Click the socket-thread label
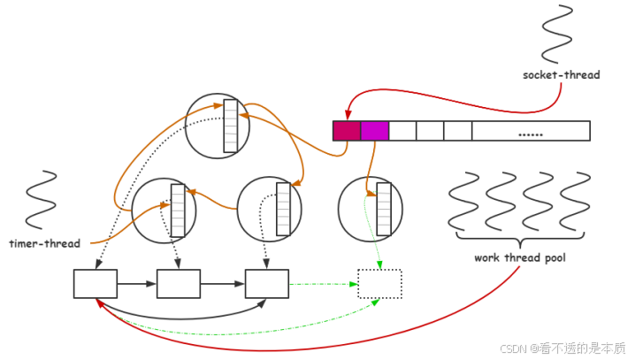pyautogui.click(x=561, y=75)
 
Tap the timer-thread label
pyautogui.click(x=44, y=243)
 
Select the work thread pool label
pyautogui.click(x=519, y=258)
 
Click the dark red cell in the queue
pyautogui.click(x=347, y=131)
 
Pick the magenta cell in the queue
pyautogui.click(x=375, y=131)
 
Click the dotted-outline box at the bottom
pyautogui.click(x=379, y=284)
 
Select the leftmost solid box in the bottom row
pyautogui.click(x=96, y=284)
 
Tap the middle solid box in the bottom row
pyautogui.click(x=179, y=284)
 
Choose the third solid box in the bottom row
pyautogui.click(x=267, y=284)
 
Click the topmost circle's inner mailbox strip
pyautogui.click(x=231, y=126)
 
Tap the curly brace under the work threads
pyautogui.click(x=519, y=239)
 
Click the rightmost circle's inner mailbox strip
pyautogui.click(x=384, y=210)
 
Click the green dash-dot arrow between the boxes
pyautogui.click(x=323, y=284)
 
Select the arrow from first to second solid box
pyautogui.click(x=137, y=284)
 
